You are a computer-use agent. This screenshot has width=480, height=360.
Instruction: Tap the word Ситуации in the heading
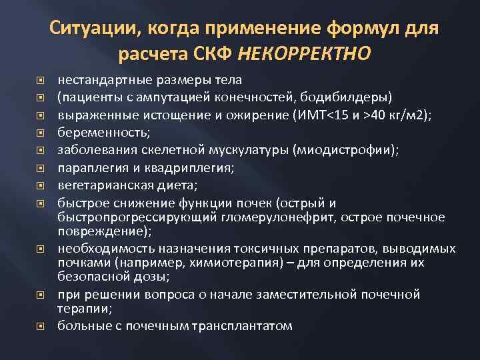pos(91,29)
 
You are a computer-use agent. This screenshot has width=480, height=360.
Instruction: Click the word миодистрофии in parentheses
pos(347,150)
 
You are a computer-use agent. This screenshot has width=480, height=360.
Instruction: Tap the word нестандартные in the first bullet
pos(97,81)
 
